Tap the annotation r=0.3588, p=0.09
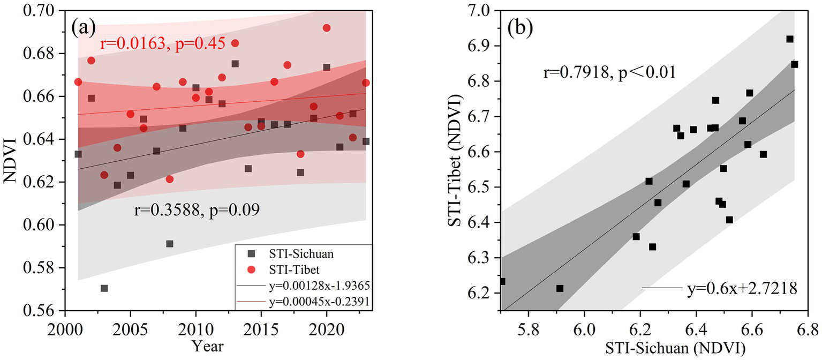point(197,209)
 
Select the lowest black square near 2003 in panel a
point(104,288)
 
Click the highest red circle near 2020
point(327,28)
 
